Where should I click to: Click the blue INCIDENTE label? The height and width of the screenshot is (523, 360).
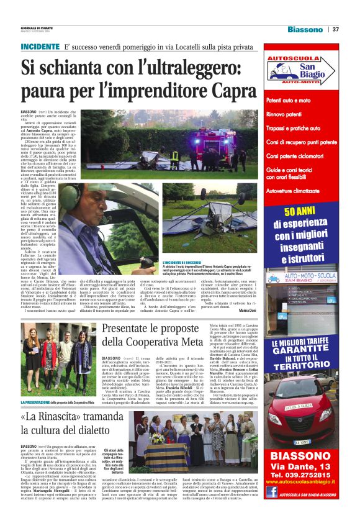[39, 47]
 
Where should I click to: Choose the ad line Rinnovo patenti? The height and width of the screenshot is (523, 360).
[289, 114]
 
